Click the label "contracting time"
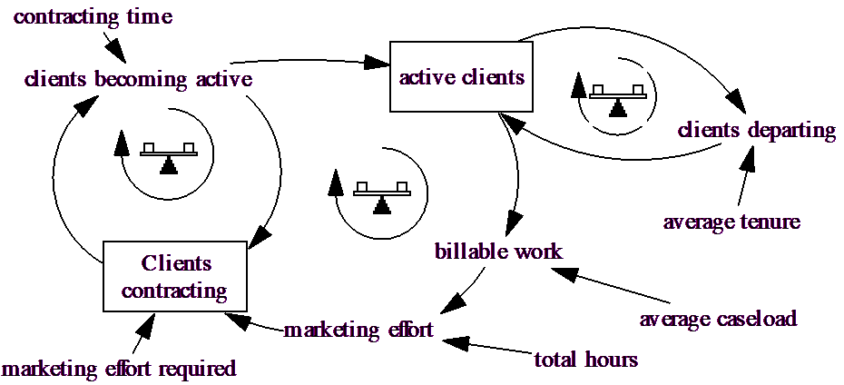pos(93,17)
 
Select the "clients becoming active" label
pos(138,80)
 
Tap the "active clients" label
pos(462,77)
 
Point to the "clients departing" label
pos(756,131)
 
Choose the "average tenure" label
pos(731,222)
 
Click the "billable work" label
pos(498,252)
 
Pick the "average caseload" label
pos(718,320)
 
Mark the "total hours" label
pos(585,360)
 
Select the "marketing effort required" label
pos(119,370)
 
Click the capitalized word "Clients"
pos(176,264)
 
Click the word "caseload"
pos(756,320)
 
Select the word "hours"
pos(611,360)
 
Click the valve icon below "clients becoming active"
pos(169,155)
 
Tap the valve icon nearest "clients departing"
pos(618,97)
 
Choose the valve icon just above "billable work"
pos(382,194)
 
